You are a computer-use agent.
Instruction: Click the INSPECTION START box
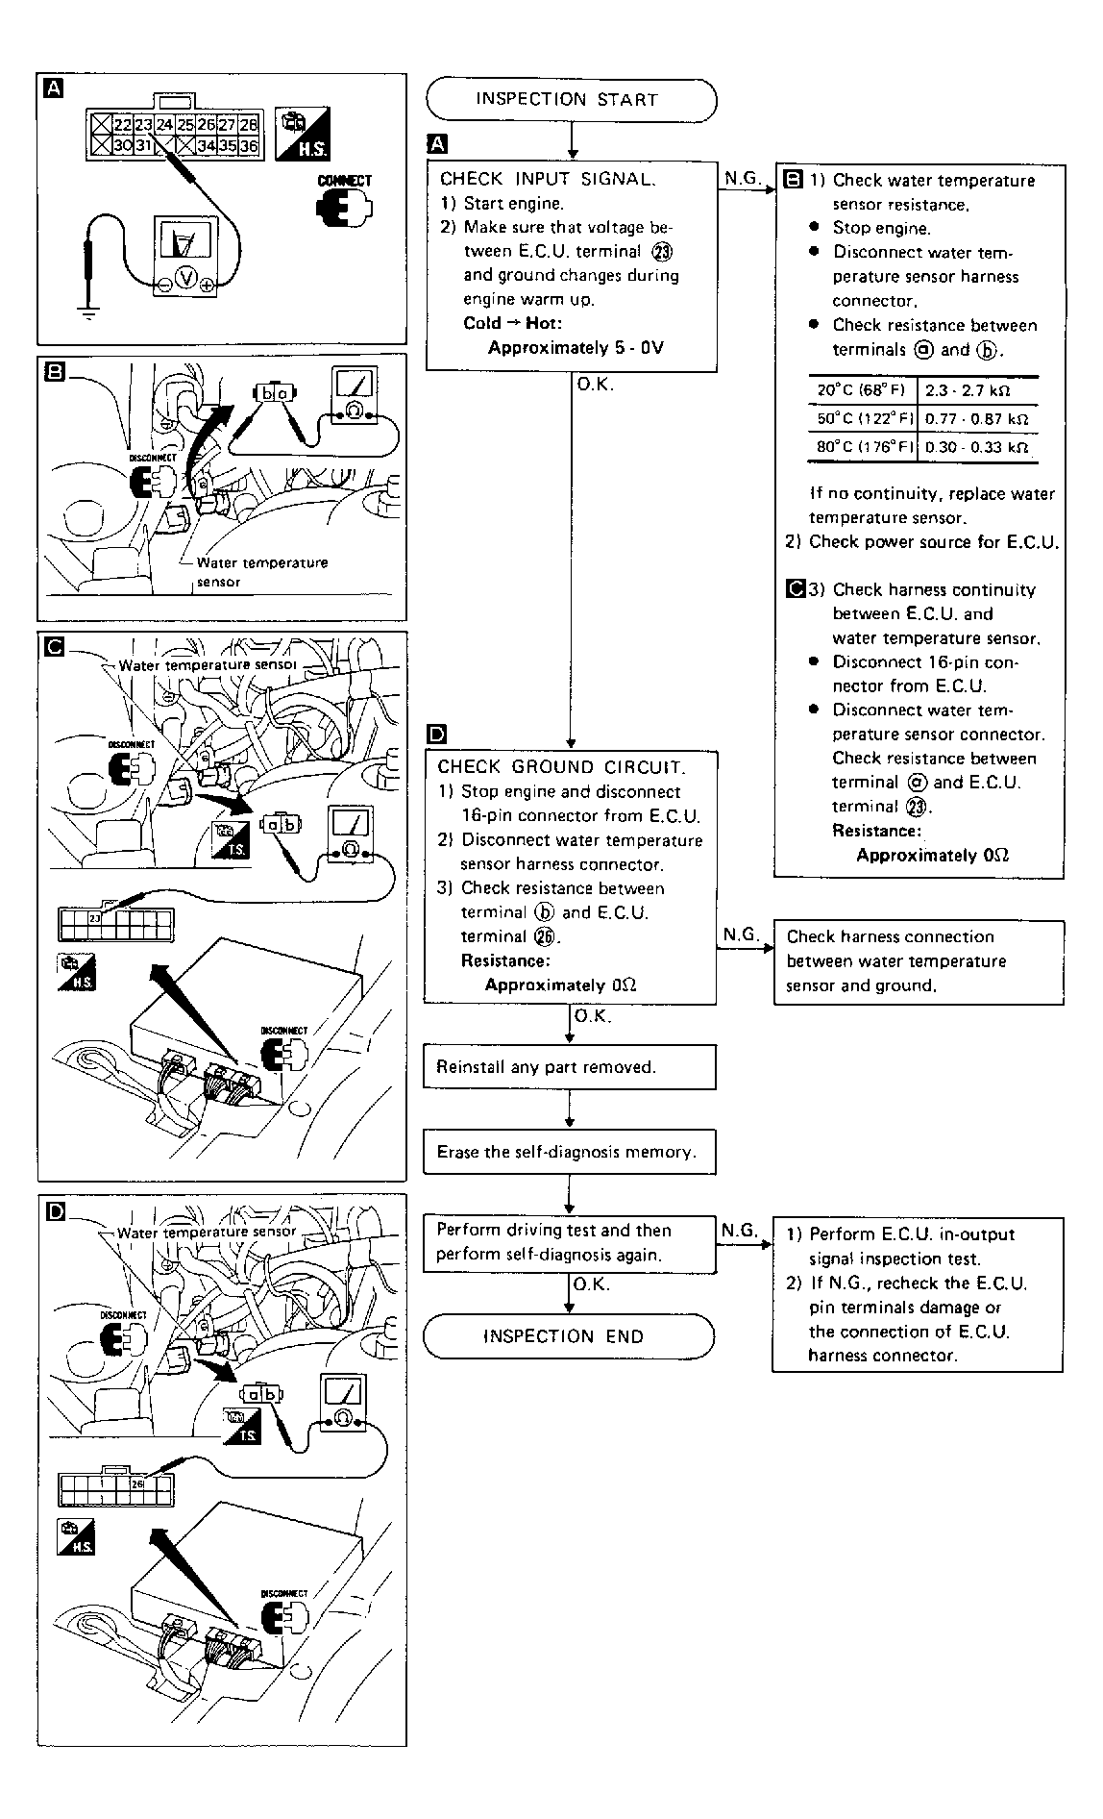[x=571, y=100]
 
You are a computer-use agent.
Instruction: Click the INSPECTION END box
[x=569, y=1336]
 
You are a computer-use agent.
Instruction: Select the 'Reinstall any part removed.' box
[x=569, y=1067]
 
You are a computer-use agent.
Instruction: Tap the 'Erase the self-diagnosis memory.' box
[x=569, y=1152]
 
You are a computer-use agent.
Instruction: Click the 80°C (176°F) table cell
[x=862, y=447]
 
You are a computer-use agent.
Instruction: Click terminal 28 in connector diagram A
[x=249, y=125]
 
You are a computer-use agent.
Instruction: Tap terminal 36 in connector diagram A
[x=249, y=146]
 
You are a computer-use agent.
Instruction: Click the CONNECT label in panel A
[x=345, y=181]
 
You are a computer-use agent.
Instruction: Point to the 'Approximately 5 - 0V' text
[x=576, y=348]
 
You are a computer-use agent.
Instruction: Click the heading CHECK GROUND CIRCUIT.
[x=561, y=767]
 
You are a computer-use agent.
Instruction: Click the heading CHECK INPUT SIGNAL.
[x=548, y=179]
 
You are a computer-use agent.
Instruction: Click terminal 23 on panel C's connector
[x=95, y=919]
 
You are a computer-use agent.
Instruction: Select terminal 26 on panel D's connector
[x=137, y=1483]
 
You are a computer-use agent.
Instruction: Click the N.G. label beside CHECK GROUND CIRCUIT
[x=741, y=934]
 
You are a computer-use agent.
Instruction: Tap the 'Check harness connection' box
[x=918, y=961]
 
